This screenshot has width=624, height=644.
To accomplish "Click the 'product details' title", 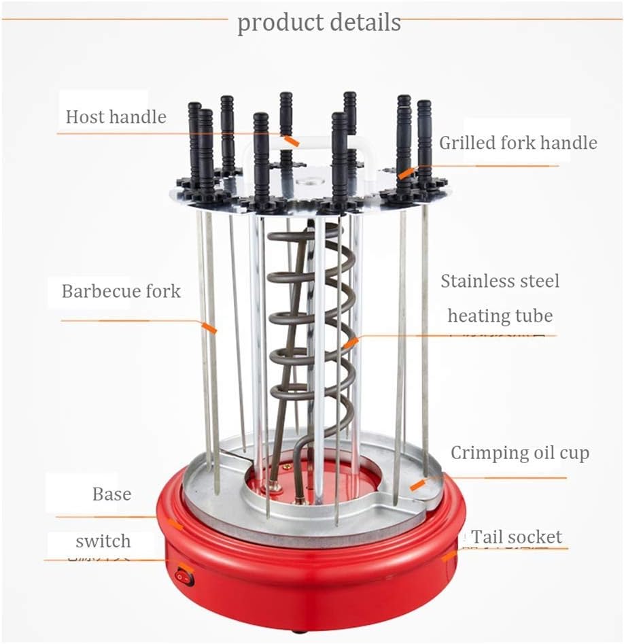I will pyautogui.click(x=319, y=22).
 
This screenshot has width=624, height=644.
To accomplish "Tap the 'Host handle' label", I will pyautogui.click(x=116, y=116).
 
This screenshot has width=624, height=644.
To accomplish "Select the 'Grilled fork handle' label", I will pyautogui.click(x=517, y=143).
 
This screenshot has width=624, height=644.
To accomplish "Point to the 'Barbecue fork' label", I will pyautogui.click(x=121, y=292).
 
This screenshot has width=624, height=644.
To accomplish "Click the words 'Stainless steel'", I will pyautogui.click(x=500, y=281).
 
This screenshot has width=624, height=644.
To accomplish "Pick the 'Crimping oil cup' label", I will pyautogui.click(x=519, y=453).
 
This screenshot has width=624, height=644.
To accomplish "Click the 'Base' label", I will pyautogui.click(x=111, y=494).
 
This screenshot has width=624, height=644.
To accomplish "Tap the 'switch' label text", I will pyautogui.click(x=103, y=541).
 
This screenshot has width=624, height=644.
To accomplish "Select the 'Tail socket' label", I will pyautogui.click(x=517, y=537).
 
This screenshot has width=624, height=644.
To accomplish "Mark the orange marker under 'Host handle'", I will pyautogui.click(x=292, y=141).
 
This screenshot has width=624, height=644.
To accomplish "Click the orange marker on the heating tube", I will pyautogui.click(x=350, y=343).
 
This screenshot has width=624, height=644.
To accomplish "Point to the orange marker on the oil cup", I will pyautogui.click(x=417, y=484).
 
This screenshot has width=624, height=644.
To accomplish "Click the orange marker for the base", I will pyautogui.click(x=175, y=524).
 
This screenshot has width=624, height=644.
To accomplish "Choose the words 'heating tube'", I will pyautogui.click(x=500, y=316).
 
